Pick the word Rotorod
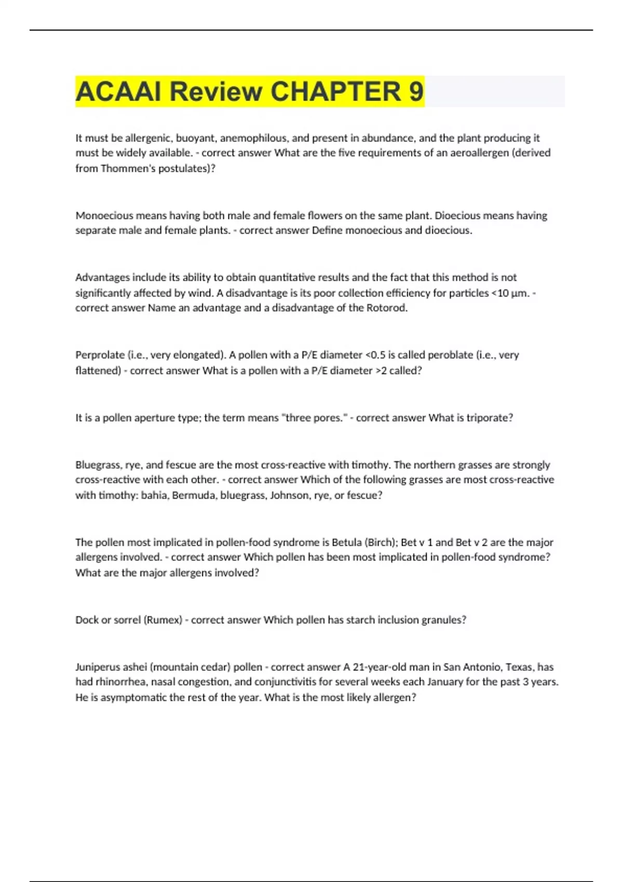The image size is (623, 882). [387, 308]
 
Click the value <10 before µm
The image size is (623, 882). [499, 293]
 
